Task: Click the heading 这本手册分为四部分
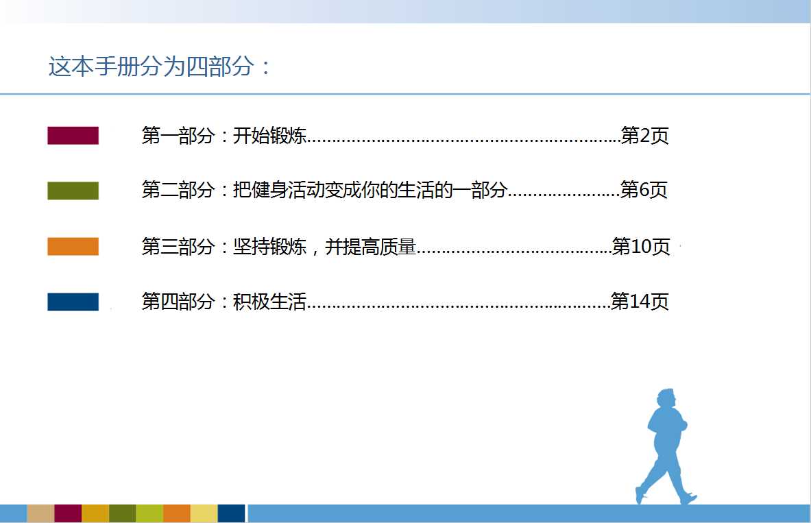pos(151,66)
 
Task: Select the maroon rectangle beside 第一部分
pos(73,136)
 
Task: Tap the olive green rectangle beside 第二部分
pos(73,191)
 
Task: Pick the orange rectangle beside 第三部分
pos(73,246)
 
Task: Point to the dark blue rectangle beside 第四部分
pos(73,302)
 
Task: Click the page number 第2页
pos(644,136)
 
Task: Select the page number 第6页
pos(644,190)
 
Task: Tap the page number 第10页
pos(641,246)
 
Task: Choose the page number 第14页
pos(640,301)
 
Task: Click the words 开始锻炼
pos(269,136)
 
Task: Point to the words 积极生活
pos(269,301)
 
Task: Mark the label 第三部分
pos(178,246)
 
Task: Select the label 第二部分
pos(178,190)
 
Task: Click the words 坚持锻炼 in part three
pos(269,246)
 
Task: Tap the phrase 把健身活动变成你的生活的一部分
pos(370,190)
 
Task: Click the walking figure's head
pos(667,400)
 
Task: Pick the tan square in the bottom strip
pos(40,513)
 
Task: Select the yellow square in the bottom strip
pos(204,513)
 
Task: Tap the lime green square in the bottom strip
pos(149,513)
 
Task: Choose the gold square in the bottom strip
pos(95,513)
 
